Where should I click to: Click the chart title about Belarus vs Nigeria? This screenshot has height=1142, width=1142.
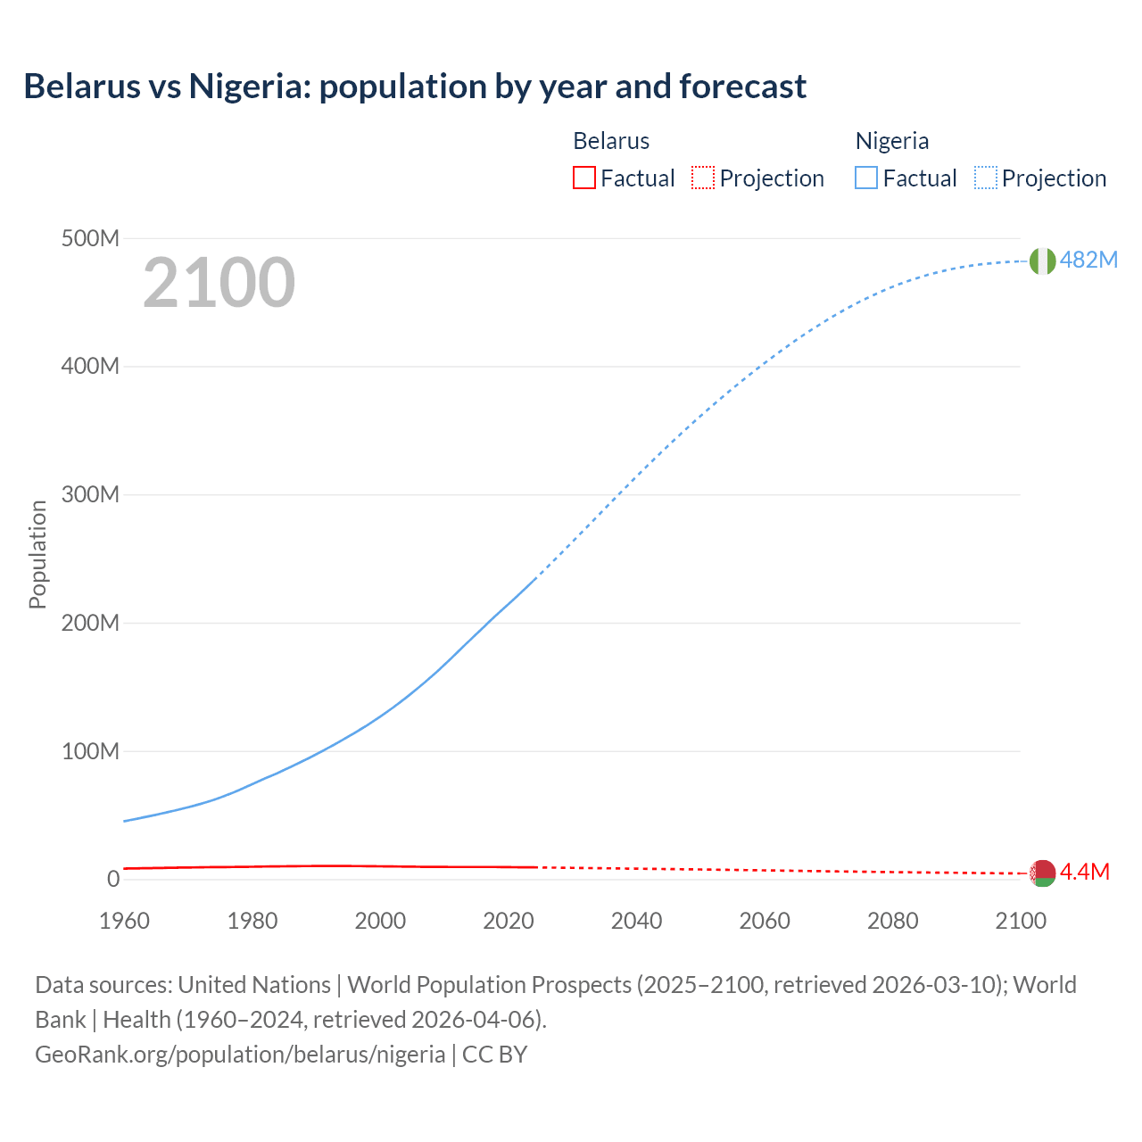point(415,87)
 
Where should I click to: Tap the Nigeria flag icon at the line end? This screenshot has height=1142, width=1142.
point(1042,261)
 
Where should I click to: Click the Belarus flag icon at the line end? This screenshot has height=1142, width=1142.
point(1042,873)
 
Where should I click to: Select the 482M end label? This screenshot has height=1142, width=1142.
point(1088,260)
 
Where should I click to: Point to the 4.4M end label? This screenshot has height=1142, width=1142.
point(1085,872)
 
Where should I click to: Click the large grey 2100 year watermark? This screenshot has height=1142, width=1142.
point(219,283)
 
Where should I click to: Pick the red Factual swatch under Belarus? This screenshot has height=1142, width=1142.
point(583,178)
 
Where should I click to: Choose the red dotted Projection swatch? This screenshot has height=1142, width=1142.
point(703,178)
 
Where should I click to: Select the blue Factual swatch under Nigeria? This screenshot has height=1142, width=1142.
point(865,178)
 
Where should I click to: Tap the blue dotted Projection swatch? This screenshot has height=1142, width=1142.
point(985,178)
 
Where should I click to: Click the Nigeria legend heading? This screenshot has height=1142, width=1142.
point(892,141)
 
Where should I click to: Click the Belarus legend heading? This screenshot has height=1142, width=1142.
point(611,141)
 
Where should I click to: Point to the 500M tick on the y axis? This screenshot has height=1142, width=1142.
point(90,238)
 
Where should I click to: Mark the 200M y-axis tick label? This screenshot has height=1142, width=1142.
point(90,623)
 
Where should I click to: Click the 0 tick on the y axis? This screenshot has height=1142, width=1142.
point(112,879)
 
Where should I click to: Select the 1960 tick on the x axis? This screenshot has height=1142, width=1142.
point(124,921)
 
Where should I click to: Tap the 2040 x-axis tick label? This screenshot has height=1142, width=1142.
point(636,921)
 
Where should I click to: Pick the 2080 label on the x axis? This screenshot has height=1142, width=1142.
point(892,921)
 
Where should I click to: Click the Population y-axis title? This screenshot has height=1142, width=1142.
point(37,554)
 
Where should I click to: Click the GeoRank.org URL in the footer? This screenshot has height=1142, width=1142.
point(240,1054)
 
